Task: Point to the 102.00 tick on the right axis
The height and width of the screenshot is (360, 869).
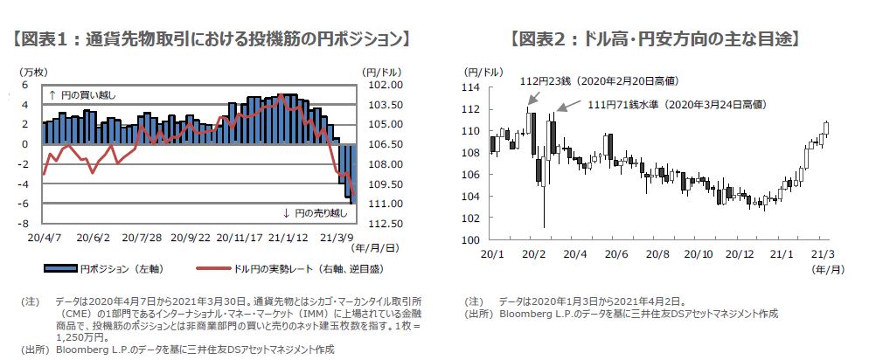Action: point(384,85)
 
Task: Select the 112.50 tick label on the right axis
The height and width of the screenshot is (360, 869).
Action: point(384,223)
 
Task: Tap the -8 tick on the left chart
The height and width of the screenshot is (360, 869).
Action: point(25,223)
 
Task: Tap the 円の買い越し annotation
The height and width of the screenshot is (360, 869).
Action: point(82,94)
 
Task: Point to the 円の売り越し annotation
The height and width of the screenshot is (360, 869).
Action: point(315,213)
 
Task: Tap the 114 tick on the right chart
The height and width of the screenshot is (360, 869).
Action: point(473,87)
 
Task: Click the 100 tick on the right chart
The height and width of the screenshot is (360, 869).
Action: point(473,239)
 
